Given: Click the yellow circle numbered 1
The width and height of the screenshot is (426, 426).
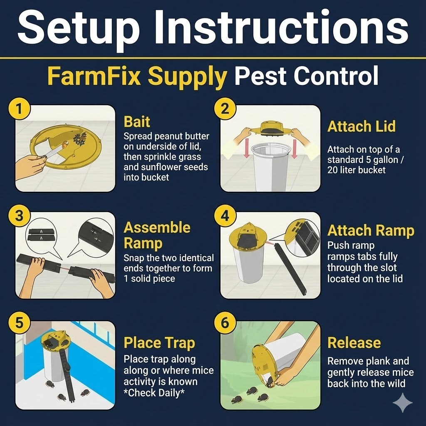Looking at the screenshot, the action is tap(19, 109).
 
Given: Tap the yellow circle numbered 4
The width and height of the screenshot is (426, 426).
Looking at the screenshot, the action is tap(225, 216).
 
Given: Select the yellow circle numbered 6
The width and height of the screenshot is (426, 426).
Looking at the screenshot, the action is tap(225, 323).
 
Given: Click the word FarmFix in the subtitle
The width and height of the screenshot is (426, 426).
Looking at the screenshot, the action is tap(94, 76).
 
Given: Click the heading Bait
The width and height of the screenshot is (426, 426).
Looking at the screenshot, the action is tap(136, 122).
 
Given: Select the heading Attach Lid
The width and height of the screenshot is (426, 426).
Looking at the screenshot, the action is tap(362, 126).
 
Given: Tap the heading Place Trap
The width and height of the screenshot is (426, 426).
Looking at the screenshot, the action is tap(159, 343).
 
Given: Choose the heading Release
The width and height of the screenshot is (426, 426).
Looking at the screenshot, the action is tap(354, 343).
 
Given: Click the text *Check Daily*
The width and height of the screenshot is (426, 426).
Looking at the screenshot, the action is tap(154, 393).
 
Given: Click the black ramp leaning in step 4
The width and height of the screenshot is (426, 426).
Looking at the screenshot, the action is tap(291, 269).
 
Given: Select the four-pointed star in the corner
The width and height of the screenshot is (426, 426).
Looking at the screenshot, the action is tap(403, 403).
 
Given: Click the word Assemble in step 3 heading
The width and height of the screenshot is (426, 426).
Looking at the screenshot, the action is tap(157, 228).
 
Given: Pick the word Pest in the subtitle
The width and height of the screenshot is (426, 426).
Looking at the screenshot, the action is tap(260, 76).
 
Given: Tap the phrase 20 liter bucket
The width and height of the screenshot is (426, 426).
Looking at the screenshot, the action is tap(357, 170).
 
